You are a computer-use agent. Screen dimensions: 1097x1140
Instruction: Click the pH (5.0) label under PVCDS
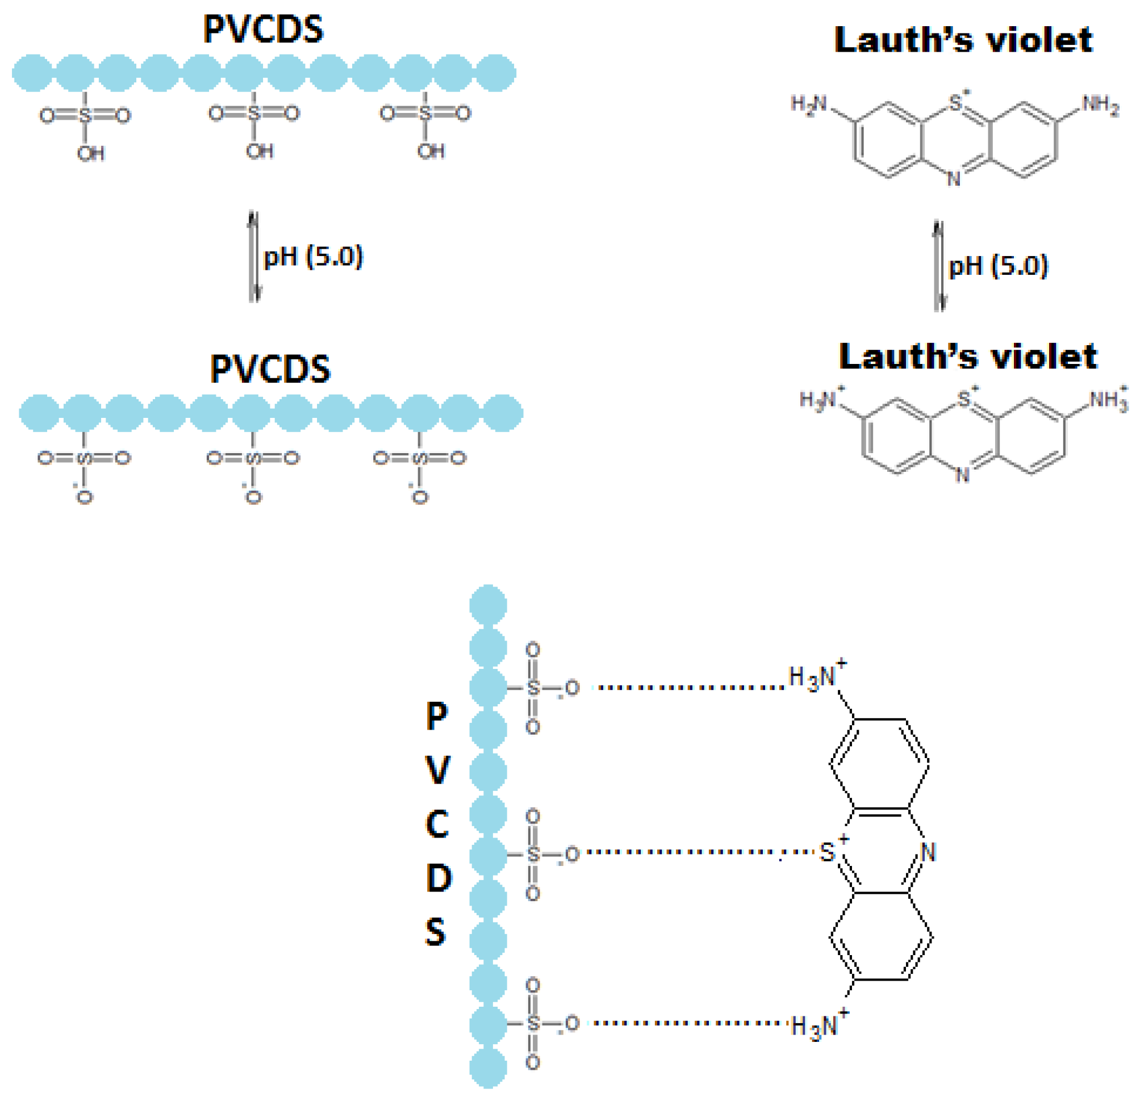click(x=313, y=257)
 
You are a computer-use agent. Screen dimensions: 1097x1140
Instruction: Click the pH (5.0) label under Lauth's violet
click(x=998, y=266)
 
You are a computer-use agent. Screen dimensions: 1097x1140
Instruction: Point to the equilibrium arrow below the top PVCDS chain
click(x=253, y=257)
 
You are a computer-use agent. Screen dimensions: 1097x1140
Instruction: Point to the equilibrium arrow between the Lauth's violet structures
click(x=939, y=266)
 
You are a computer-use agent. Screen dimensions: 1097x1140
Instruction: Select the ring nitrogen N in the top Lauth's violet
click(x=954, y=179)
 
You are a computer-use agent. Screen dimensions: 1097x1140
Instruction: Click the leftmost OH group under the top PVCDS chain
click(x=91, y=153)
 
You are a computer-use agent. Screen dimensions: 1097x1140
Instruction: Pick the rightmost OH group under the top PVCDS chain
click(x=431, y=151)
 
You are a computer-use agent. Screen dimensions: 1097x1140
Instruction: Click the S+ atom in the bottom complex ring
click(x=828, y=852)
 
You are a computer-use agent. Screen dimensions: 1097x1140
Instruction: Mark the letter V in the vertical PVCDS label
click(x=437, y=770)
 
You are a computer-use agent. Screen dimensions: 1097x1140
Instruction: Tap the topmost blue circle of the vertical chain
click(x=488, y=605)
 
